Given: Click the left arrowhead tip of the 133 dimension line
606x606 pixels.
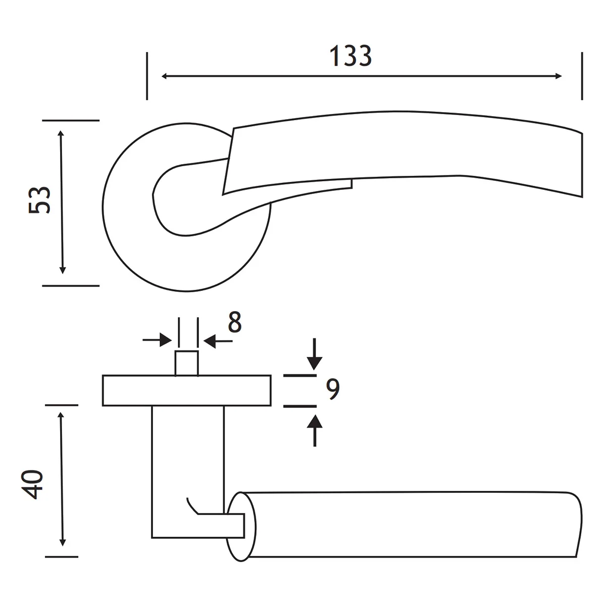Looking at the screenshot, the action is pyautogui.click(x=161, y=76).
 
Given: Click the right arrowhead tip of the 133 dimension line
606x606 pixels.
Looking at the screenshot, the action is pyautogui.click(x=562, y=76).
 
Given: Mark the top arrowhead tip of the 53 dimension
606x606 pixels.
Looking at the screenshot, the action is pyautogui.click(x=61, y=130).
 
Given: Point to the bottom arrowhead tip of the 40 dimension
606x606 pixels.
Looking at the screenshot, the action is pyautogui.click(x=63, y=546).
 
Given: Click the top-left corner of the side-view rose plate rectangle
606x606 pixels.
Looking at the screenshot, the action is pyautogui.click(x=103, y=376).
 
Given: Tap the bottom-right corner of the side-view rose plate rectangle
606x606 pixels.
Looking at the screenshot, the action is pyautogui.click(x=271, y=406).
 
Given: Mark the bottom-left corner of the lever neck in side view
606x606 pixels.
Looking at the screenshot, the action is pyautogui.click(x=152, y=537).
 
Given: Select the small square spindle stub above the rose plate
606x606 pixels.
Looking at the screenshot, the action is pyautogui.click(x=187, y=363).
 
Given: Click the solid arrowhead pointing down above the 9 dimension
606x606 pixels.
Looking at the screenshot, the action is pyautogui.click(x=315, y=363).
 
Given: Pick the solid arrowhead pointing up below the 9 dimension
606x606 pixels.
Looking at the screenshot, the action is pyautogui.click(x=315, y=421).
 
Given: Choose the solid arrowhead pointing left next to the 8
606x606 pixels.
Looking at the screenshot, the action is pyautogui.click(x=210, y=341).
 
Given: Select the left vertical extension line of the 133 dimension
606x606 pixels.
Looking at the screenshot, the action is pyautogui.click(x=147, y=76).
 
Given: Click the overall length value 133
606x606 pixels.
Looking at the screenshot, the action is pyautogui.click(x=350, y=56).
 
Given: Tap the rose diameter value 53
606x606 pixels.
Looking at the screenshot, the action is pyautogui.click(x=39, y=200).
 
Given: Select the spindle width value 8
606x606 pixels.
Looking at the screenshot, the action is pyautogui.click(x=235, y=322).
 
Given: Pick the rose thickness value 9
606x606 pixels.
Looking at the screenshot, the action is pyautogui.click(x=333, y=389).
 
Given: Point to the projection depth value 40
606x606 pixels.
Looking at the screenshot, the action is pyautogui.click(x=32, y=485).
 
